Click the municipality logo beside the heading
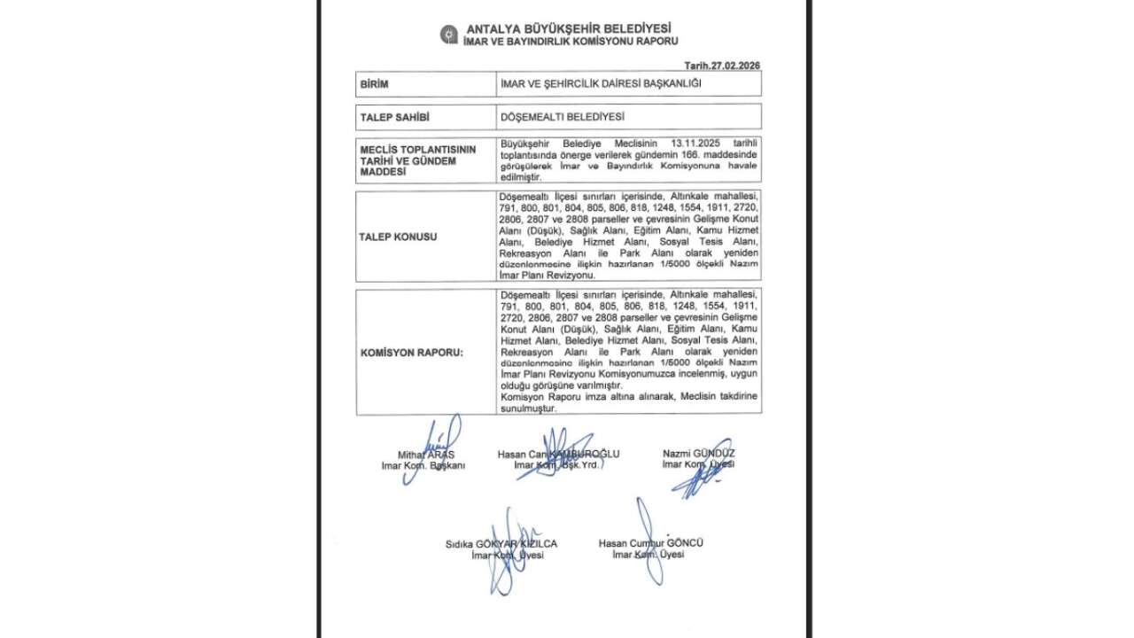pyautogui.click(x=449, y=35)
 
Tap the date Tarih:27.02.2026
pyautogui.click(x=723, y=66)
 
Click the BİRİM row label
pyautogui.click(x=375, y=84)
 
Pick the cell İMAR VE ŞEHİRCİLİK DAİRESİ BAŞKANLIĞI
pyautogui.click(x=602, y=84)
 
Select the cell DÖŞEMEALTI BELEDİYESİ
pyautogui.click(x=563, y=116)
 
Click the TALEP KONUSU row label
pyautogui.click(x=399, y=237)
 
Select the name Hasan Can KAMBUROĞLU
pyautogui.click(x=558, y=454)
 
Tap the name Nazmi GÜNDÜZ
pyautogui.click(x=698, y=453)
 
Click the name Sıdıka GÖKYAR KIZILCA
pyautogui.click(x=501, y=544)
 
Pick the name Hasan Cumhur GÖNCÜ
pyautogui.click(x=650, y=543)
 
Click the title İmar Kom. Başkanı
pyautogui.click(x=423, y=465)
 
